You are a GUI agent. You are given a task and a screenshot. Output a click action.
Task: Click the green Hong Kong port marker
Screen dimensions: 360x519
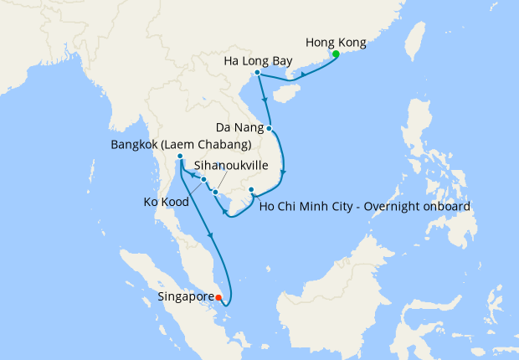point(336,54)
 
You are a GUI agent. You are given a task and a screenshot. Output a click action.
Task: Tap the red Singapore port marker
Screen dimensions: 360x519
point(218,297)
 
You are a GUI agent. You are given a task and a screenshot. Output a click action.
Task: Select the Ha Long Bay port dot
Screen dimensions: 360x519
point(257,73)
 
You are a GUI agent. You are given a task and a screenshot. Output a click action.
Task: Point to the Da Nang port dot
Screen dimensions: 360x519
point(270,129)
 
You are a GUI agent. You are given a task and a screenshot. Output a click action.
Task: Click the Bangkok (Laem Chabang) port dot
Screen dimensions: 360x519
point(180,157)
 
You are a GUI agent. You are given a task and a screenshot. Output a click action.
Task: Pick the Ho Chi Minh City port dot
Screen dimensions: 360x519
point(251,191)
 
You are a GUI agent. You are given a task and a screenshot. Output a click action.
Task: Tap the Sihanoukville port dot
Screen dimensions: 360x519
point(215,193)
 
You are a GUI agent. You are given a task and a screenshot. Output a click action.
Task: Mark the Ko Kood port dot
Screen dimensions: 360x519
point(203,179)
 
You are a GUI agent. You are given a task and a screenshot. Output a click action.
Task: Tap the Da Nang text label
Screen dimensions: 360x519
point(238,129)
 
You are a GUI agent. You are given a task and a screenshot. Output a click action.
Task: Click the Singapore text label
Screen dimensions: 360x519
point(185,296)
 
